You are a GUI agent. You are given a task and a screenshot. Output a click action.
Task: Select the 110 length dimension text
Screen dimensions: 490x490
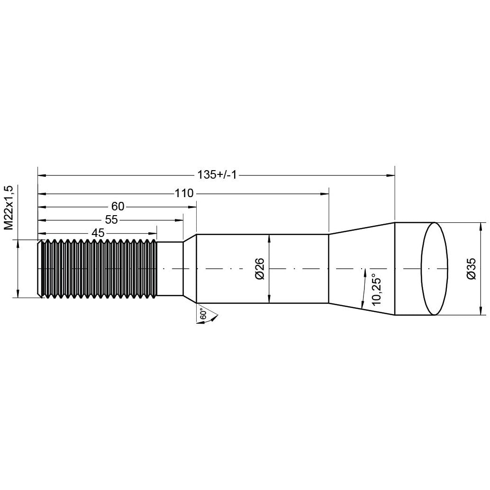pyautogui.click(x=184, y=193)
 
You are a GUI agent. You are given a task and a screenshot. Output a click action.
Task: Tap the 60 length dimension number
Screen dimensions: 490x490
pyautogui.click(x=118, y=207)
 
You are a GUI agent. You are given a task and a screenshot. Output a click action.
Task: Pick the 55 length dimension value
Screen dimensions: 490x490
pyautogui.click(x=111, y=220)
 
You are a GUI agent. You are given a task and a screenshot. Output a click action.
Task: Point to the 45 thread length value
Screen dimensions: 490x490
pyautogui.click(x=98, y=233)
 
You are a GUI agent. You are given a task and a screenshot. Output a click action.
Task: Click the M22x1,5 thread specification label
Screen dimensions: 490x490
pyautogui.click(x=8, y=208)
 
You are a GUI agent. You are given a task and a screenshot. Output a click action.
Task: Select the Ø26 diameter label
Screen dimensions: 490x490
pyautogui.click(x=259, y=269)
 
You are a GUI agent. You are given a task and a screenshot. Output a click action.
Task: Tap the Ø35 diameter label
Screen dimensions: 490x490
pyautogui.click(x=471, y=269)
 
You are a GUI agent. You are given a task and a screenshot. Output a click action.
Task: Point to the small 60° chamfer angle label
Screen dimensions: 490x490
pyautogui.click(x=203, y=314)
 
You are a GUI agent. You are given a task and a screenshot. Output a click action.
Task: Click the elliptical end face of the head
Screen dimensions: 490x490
pyautogui.click(x=435, y=269)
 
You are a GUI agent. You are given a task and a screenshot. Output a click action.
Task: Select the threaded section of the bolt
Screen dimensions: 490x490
pyautogui.click(x=100, y=269)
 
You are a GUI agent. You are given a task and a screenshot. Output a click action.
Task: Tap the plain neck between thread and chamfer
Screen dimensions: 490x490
pyautogui.click(x=170, y=269)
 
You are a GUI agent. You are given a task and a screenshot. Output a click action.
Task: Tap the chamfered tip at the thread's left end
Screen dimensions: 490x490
pyautogui.click(x=40, y=269)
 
